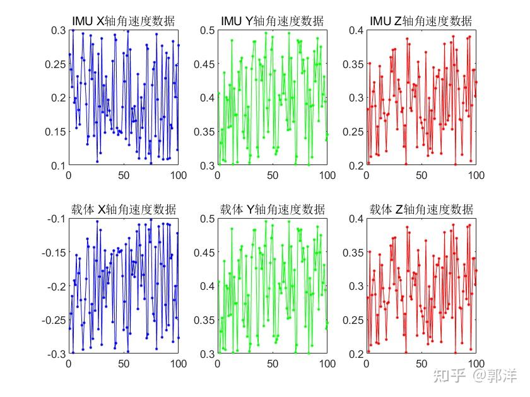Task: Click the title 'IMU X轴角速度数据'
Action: click(x=124, y=21)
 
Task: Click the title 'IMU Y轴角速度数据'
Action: click(x=272, y=21)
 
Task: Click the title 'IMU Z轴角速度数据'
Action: click(x=421, y=21)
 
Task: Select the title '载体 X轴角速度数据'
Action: click(x=124, y=210)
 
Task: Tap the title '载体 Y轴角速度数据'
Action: click(x=272, y=210)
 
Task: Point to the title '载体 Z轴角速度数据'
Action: click(x=421, y=210)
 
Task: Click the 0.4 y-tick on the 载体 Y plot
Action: click(x=207, y=286)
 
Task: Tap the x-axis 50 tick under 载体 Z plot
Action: click(x=421, y=364)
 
